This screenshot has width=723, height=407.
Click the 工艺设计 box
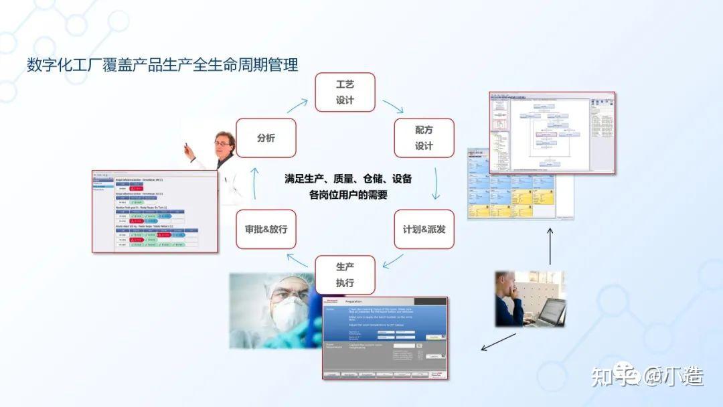[x=345, y=92]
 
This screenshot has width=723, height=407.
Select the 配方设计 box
[x=424, y=137]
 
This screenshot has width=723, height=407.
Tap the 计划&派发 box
[x=424, y=229]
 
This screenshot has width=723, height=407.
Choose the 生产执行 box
[x=345, y=274]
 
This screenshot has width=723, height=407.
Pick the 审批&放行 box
[x=266, y=229]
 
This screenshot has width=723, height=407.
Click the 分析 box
[x=266, y=138]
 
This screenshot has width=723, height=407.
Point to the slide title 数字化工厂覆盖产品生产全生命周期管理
[x=163, y=65]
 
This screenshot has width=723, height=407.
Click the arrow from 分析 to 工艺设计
[x=297, y=105]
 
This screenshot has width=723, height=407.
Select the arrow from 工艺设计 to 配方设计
[x=393, y=106]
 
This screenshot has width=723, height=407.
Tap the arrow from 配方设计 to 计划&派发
[x=436, y=183]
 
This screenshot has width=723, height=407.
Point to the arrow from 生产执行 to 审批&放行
[x=297, y=260]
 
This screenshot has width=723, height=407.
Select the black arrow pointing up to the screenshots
[x=550, y=246]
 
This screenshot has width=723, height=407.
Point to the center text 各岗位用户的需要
[x=348, y=195]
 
